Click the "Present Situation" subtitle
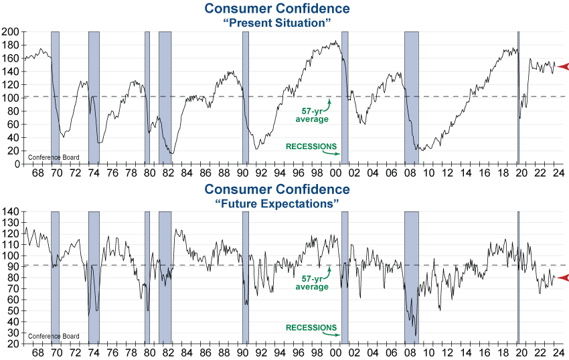point(277,22)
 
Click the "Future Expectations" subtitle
point(277,203)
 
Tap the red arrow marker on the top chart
point(562,66)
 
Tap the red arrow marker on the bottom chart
point(562,278)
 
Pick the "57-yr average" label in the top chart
point(312,114)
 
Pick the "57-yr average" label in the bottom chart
point(312,283)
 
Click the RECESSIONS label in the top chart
point(311,147)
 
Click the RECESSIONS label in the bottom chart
point(311,328)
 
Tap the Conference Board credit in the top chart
point(54,158)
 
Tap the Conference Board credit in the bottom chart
point(54,337)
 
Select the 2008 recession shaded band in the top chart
point(412,97)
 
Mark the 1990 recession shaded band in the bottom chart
point(246,278)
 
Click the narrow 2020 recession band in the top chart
point(518,97)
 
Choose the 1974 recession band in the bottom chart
point(94,278)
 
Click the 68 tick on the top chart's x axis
point(37,173)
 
